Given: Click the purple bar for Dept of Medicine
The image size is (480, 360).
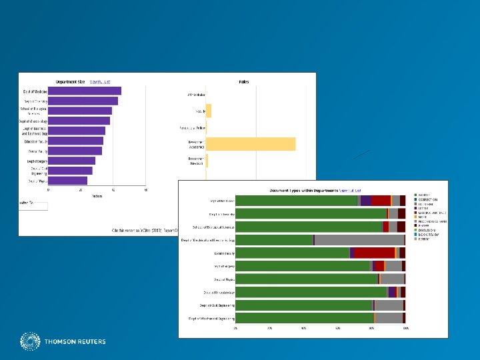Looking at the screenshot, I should (x=85, y=91).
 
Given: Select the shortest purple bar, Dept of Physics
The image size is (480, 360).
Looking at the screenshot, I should (x=67, y=181).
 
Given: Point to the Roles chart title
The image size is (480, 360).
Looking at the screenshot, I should (x=244, y=81).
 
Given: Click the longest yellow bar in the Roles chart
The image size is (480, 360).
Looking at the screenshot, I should (x=251, y=144).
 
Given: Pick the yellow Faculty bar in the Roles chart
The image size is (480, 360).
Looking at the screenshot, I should (x=209, y=111).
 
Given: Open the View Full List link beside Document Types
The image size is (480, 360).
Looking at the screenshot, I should (x=351, y=190).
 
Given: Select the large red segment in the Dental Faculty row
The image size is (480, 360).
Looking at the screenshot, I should (x=374, y=253).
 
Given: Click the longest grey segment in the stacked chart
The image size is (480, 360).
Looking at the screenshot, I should (x=359, y=240).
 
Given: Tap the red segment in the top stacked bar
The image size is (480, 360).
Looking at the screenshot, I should (x=381, y=201).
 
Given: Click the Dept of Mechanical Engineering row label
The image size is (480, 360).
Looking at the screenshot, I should (x=211, y=318).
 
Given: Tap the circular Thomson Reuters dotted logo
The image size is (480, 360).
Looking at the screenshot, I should (x=30, y=342).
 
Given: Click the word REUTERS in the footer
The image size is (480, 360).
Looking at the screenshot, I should (x=91, y=342).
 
